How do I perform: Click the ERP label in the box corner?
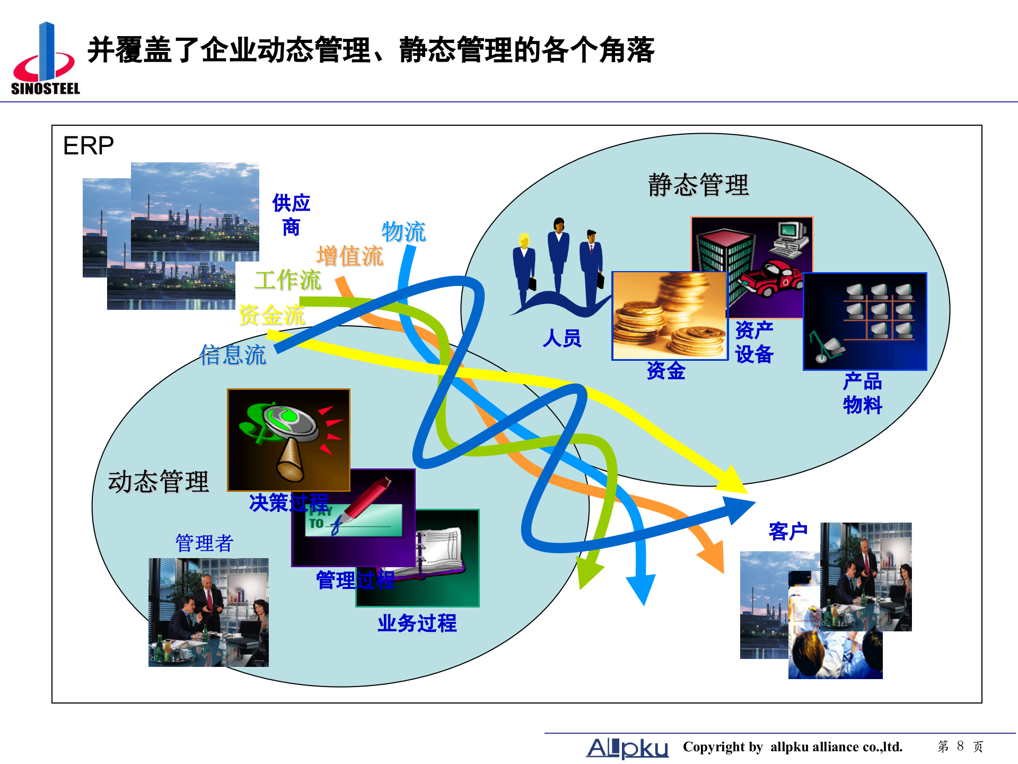(x=88, y=145)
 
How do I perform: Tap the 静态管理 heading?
(x=698, y=185)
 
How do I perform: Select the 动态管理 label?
(x=158, y=482)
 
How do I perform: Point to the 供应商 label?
(x=291, y=215)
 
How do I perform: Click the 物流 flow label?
(x=403, y=232)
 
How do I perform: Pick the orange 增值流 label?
(x=349, y=256)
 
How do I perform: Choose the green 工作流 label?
(x=287, y=280)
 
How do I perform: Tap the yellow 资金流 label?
(x=271, y=315)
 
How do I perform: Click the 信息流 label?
(x=232, y=354)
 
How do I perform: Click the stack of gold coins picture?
(x=670, y=315)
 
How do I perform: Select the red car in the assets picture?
(x=771, y=279)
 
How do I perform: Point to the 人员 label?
(x=562, y=338)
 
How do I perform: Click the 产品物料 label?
(x=862, y=393)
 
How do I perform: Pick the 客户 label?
(x=788, y=531)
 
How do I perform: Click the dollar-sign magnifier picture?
(x=288, y=440)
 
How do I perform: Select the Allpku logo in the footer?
(x=627, y=748)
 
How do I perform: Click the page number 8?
(x=960, y=746)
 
